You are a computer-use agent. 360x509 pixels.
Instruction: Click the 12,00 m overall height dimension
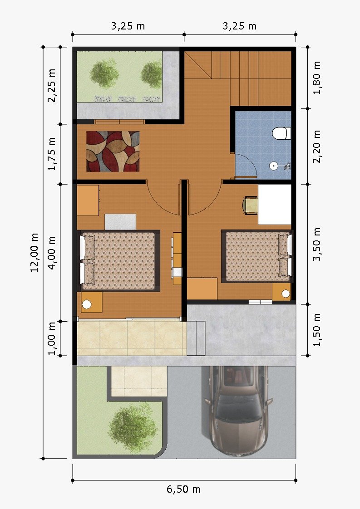[35, 252]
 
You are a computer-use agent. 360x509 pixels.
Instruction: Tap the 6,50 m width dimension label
[183, 489]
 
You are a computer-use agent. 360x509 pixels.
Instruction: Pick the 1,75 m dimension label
[52, 154]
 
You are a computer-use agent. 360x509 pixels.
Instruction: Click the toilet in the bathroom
[281, 133]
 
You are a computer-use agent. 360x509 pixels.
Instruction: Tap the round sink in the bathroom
[274, 166]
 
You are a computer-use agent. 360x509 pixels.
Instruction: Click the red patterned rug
[113, 151]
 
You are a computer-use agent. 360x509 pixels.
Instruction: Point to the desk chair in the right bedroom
[250, 206]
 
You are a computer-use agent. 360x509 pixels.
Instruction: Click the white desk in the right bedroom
[275, 205]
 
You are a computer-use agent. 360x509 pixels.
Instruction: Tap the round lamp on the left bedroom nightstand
[87, 304]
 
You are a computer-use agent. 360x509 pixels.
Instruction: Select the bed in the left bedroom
[119, 261]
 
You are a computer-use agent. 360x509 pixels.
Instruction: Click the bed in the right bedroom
[256, 256]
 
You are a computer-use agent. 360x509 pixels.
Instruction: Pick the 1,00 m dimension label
[52, 338]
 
